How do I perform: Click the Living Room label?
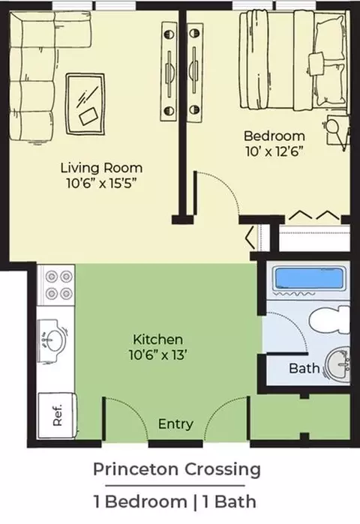pos(101,168)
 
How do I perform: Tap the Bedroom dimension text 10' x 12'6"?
pos(274,151)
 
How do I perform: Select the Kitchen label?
pos(157,340)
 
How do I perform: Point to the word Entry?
pos(175,424)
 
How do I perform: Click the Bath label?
pos(304,368)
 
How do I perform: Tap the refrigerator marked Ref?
pos(58,416)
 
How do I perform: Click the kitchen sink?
pos(52,340)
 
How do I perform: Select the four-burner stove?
pos(55,285)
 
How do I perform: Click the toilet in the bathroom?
pos(329,320)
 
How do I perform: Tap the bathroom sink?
pos(338,365)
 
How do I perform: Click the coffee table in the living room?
pos(85,104)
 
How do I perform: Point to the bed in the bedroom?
pos(292,60)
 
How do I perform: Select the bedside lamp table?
pos(337,131)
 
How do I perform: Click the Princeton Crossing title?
pos(177,470)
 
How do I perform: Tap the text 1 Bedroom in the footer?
pos(140,502)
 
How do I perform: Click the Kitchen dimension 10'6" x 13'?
pos(157,355)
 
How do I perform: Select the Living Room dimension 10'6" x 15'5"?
pos(101,183)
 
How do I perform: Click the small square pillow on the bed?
pos(316,63)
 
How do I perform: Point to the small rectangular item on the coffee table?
pos(88,116)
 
